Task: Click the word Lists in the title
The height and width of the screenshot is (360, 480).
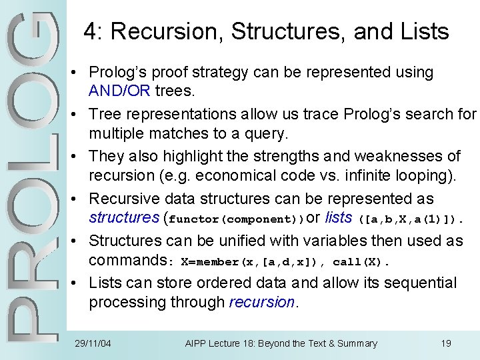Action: point(422,31)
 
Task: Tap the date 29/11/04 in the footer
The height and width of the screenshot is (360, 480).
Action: point(93,343)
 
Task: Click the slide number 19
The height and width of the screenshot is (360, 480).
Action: point(446,343)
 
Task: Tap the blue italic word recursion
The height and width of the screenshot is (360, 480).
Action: point(261,302)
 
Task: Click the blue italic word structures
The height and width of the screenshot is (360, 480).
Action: point(123,217)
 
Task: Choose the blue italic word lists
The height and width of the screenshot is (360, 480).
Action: point(339,217)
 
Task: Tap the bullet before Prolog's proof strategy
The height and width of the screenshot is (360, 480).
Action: point(79,72)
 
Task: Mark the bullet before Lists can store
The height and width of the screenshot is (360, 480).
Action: point(79,283)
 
